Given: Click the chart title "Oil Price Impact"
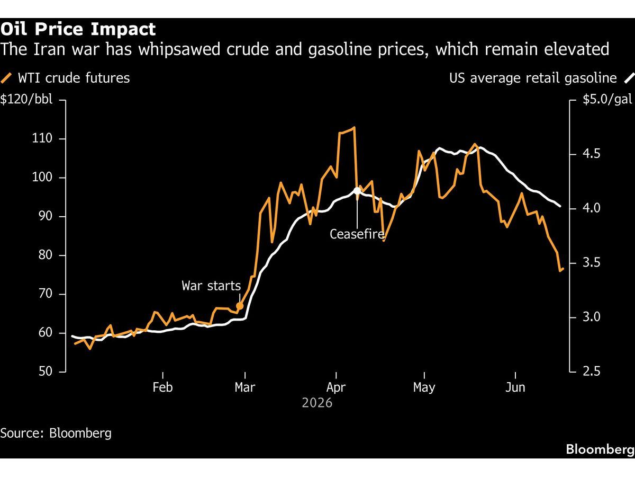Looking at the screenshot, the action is tap(78, 29).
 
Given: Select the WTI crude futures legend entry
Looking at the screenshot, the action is tap(65, 78).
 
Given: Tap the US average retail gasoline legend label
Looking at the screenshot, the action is tap(533, 78).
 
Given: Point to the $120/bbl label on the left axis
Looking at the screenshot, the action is tap(26, 99).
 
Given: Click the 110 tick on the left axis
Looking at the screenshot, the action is tap(42, 138).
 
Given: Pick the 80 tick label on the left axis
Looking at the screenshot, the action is tap(46, 255).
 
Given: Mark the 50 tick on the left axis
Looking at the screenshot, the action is tap(46, 372).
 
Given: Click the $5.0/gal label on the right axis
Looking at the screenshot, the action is tap(607, 99).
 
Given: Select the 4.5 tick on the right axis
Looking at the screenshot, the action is tap(592, 154).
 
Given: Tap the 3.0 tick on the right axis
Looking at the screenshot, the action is tap(592, 317).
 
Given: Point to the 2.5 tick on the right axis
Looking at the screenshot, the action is tap(592, 372).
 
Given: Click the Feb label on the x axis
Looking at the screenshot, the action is tap(162, 387).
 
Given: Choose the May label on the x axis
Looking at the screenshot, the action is tap(424, 387).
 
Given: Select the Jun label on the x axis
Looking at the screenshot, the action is tap(515, 387).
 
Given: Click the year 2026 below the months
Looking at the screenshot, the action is tap(317, 403).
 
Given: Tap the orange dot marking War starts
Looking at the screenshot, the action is tap(240, 306).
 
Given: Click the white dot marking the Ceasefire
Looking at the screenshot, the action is tap(357, 191).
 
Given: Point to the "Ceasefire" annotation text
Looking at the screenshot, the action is tap(357, 234).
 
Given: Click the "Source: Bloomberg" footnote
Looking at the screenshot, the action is tap(56, 434).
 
